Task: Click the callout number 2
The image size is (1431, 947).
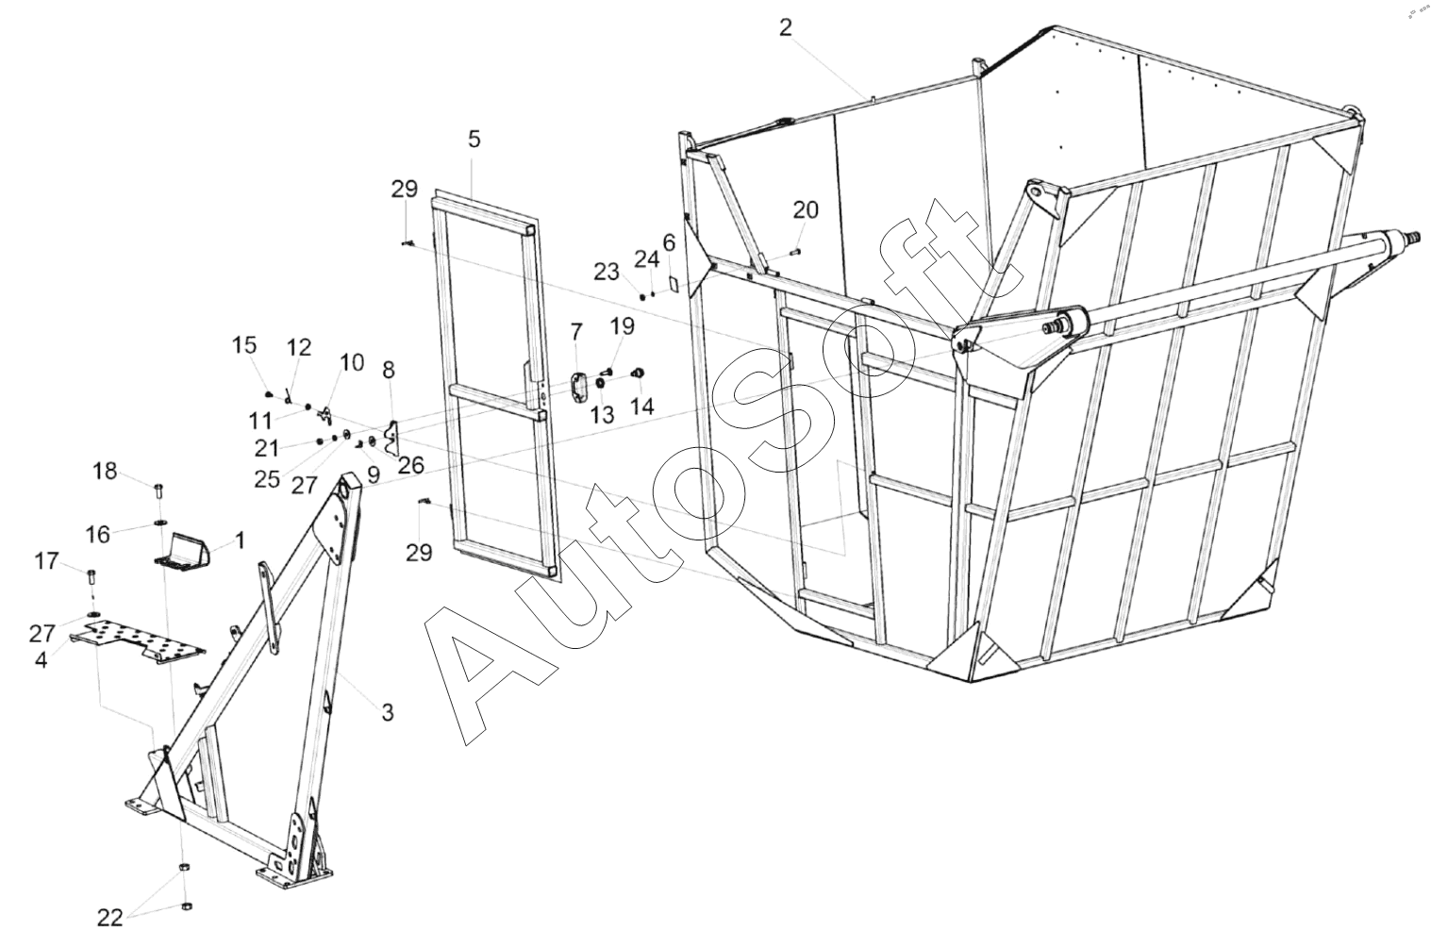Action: pyautogui.click(x=786, y=27)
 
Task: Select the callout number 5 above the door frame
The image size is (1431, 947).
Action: pyautogui.click(x=474, y=140)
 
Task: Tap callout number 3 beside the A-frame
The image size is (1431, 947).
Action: pyautogui.click(x=387, y=712)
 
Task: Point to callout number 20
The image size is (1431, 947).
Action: pyautogui.click(x=806, y=209)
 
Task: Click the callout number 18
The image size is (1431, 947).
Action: pyautogui.click(x=105, y=470)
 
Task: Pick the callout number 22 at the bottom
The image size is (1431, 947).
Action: pyautogui.click(x=110, y=917)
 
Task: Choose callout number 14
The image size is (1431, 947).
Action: pyautogui.click(x=641, y=407)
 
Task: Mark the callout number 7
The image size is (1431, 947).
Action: pyautogui.click(x=576, y=331)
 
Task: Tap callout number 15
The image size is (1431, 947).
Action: pyautogui.click(x=244, y=345)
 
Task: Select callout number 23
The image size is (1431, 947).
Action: pyautogui.click(x=606, y=272)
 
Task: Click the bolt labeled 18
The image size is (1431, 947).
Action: pyautogui.click(x=158, y=490)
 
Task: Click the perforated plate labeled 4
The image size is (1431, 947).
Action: pyautogui.click(x=141, y=640)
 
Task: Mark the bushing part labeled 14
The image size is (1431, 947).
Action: pyautogui.click(x=638, y=373)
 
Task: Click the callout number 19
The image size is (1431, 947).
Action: pyautogui.click(x=622, y=326)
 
